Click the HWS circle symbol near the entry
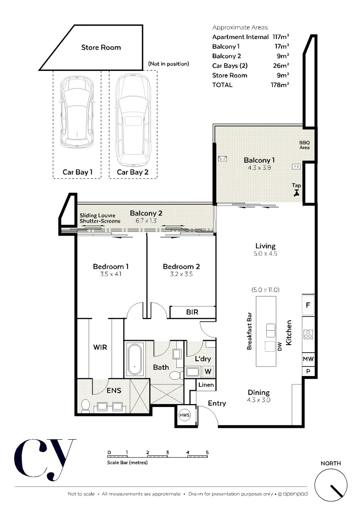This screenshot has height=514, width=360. coord(185,415)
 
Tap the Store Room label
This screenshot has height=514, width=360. coord(101,48)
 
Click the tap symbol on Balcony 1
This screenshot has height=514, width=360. coord(297,193)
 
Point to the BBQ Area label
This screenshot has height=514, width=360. coord(304,145)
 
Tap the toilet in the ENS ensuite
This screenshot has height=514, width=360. coord(86,406)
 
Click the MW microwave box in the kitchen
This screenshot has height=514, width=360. coord(308,359)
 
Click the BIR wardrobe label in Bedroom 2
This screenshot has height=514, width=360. coord(192,313)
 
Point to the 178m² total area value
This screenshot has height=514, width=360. coord(280,85)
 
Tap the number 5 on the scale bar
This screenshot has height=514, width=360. coord(207,452)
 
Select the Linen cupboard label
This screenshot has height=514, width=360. coord(205,385)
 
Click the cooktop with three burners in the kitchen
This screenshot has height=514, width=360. coord(308,334)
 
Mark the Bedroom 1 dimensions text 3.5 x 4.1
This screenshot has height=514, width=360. coord(110,274)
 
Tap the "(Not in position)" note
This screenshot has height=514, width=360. coord(168,63)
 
